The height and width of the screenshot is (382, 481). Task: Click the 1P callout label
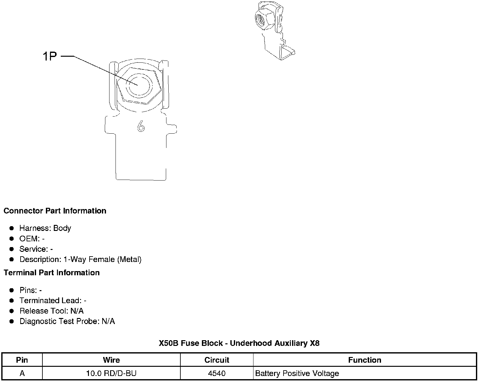click(x=49, y=56)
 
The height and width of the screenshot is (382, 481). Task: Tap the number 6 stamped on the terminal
click(x=141, y=127)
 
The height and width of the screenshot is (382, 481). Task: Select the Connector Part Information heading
click(x=55, y=211)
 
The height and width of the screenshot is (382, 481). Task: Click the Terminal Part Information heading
click(x=52, y=273)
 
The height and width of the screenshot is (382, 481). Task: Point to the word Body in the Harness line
click(x=62, y=228)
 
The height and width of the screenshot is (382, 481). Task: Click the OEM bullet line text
click(x=32, y=239)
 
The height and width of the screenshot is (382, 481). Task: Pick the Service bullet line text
click(x=36, y=249)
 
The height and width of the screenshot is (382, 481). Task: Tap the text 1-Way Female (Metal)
click(x=102, y=260)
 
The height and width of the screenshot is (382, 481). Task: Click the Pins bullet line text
click(x=30, y=290)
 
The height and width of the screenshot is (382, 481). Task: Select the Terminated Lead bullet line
click(x=53, y=301)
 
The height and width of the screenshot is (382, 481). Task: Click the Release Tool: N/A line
click(x=51, y=311)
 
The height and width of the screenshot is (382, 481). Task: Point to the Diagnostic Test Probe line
click(x=67, y=322)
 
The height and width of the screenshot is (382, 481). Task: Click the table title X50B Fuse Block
click(x=239, y=343)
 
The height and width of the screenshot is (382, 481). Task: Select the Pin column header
click(x=22, y=360)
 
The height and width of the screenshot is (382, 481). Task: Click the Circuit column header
click(x=217, y=360)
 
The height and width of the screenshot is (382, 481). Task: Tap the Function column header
click(x=365, y=360)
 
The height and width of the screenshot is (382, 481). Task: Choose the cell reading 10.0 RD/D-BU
click(x=111, y=373)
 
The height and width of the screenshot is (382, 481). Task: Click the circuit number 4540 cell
click(x=217, y=373)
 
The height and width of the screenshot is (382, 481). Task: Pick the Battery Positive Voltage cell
click(x=297, y=373)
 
